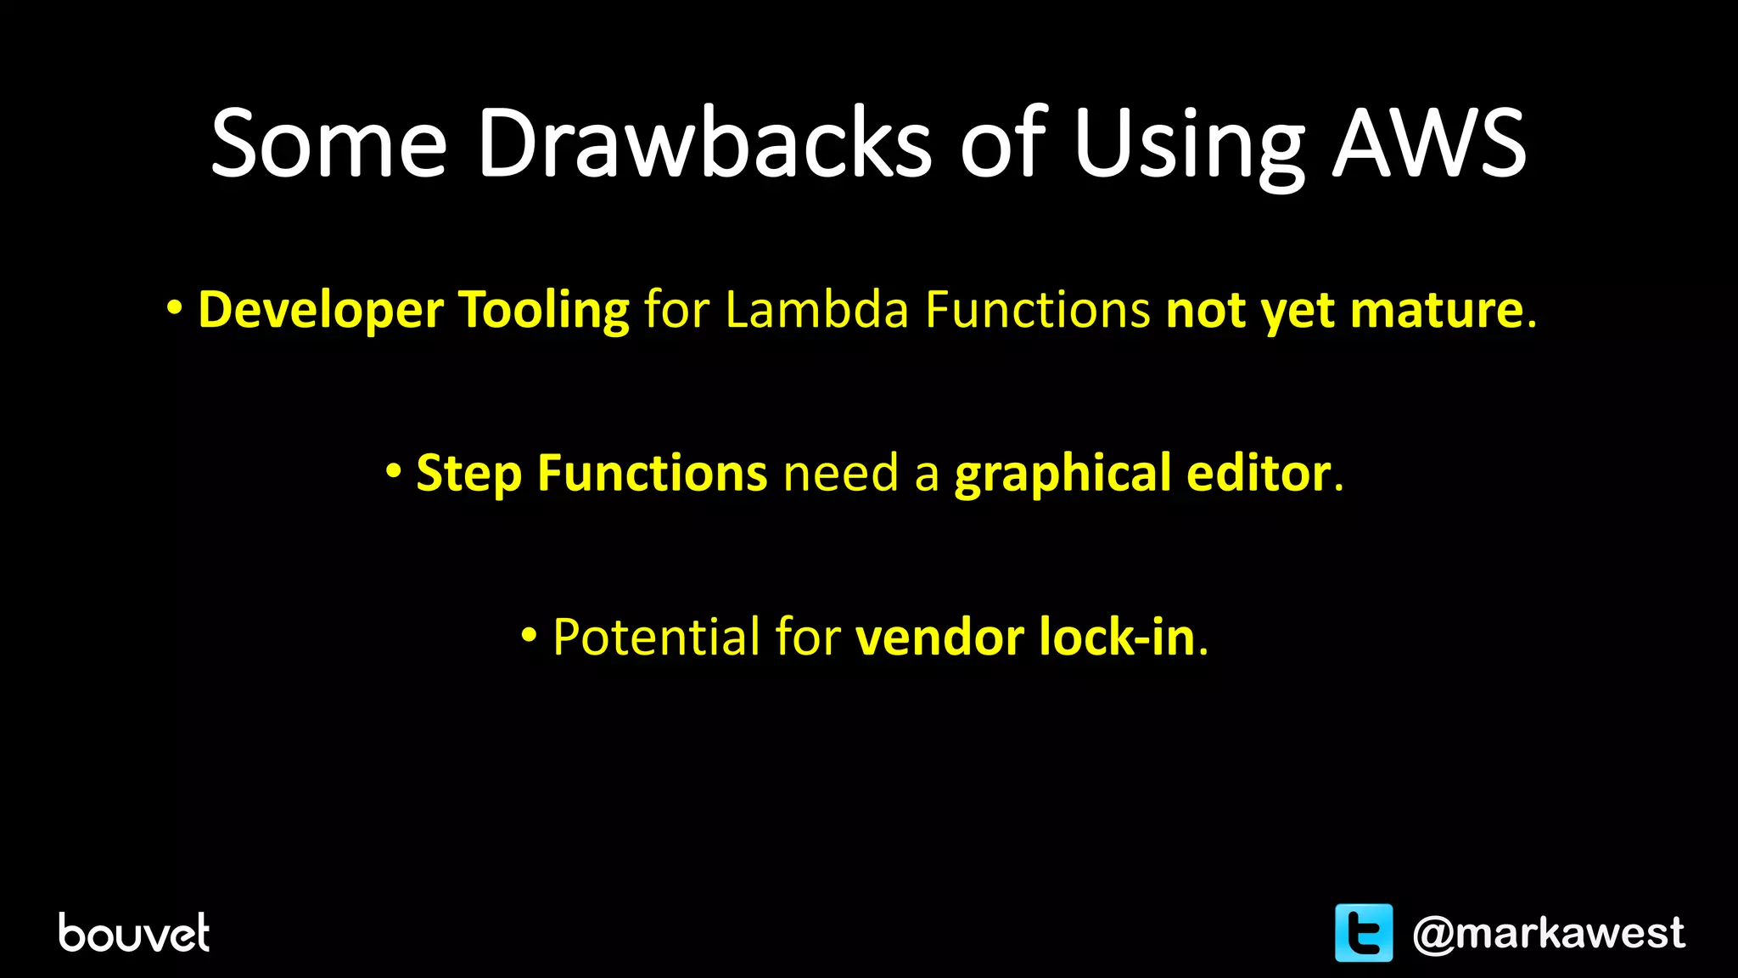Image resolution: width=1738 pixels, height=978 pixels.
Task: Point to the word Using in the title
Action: (1188, 144)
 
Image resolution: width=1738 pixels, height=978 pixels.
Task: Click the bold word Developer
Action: (320, 310)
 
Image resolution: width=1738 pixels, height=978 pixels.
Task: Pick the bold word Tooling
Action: (543, 310)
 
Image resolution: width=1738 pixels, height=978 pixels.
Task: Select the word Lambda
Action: (816, 309)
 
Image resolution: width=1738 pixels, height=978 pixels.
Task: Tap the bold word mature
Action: (1437, 309)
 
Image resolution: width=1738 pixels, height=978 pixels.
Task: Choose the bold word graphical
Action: (1062, 474)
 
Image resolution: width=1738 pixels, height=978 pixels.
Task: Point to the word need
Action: (840, 474)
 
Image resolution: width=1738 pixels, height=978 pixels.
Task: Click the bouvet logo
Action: (134, 933)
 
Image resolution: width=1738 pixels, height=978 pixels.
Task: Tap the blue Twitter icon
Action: (1364, 932)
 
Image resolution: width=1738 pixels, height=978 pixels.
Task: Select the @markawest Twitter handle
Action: (1548, 933)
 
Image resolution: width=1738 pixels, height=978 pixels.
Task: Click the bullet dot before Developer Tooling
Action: (174, 308)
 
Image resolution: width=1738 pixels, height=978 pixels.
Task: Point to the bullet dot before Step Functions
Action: (393, 471)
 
